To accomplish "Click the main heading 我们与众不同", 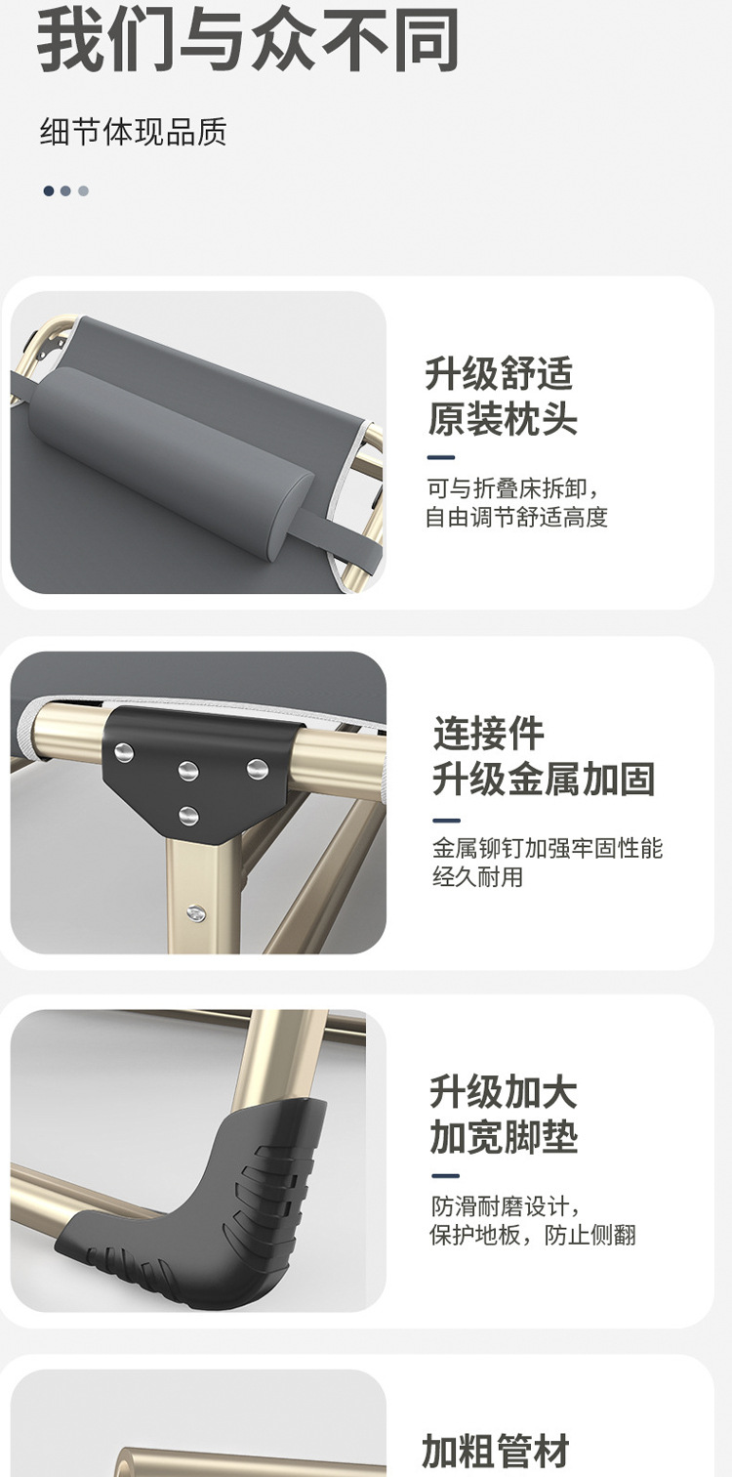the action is (x=248, y=38).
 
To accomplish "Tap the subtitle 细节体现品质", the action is (x=133, y=131).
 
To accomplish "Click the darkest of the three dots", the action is (x=49, y=191).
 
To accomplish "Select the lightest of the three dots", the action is (x=83, y=191).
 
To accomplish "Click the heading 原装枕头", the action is (x=502, y=419).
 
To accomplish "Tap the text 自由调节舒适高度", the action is (x=516, y=517).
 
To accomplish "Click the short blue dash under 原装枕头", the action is (x=441, y=457).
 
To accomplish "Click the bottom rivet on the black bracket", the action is (x=188, y=817).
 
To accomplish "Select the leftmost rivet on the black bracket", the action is (x=124, y=752).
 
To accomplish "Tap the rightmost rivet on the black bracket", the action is (x=257, y=768).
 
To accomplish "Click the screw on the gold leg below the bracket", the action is (x=195, y=912).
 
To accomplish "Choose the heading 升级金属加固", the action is (x=544, y=779).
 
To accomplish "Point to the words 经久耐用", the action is (x=477, y=877).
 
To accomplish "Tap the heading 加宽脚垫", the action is (x=504, y=1137).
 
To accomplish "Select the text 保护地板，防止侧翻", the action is (x=533, y=1235).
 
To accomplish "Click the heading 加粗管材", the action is (x=496, y=1452).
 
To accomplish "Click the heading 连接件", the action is (x=488, y=734).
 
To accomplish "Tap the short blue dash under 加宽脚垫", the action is (x=445, y=1176).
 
